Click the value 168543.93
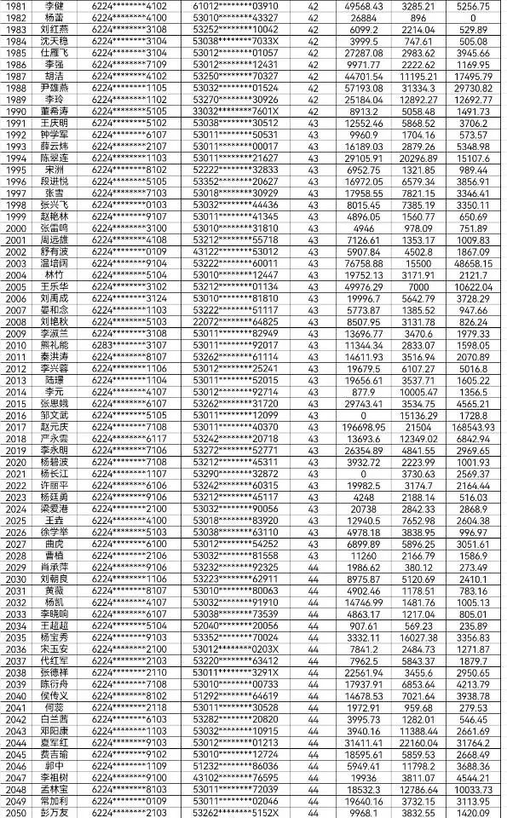[x=474, y=426]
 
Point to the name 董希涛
[x=54, y=111]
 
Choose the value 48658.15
[x=474, y=263]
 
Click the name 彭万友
[x=54, y=812]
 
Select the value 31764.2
[x=474, y=742]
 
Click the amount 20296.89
[x=418, y=158]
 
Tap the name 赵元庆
[x=54, y=426]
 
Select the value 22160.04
[x=418, y=742]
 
